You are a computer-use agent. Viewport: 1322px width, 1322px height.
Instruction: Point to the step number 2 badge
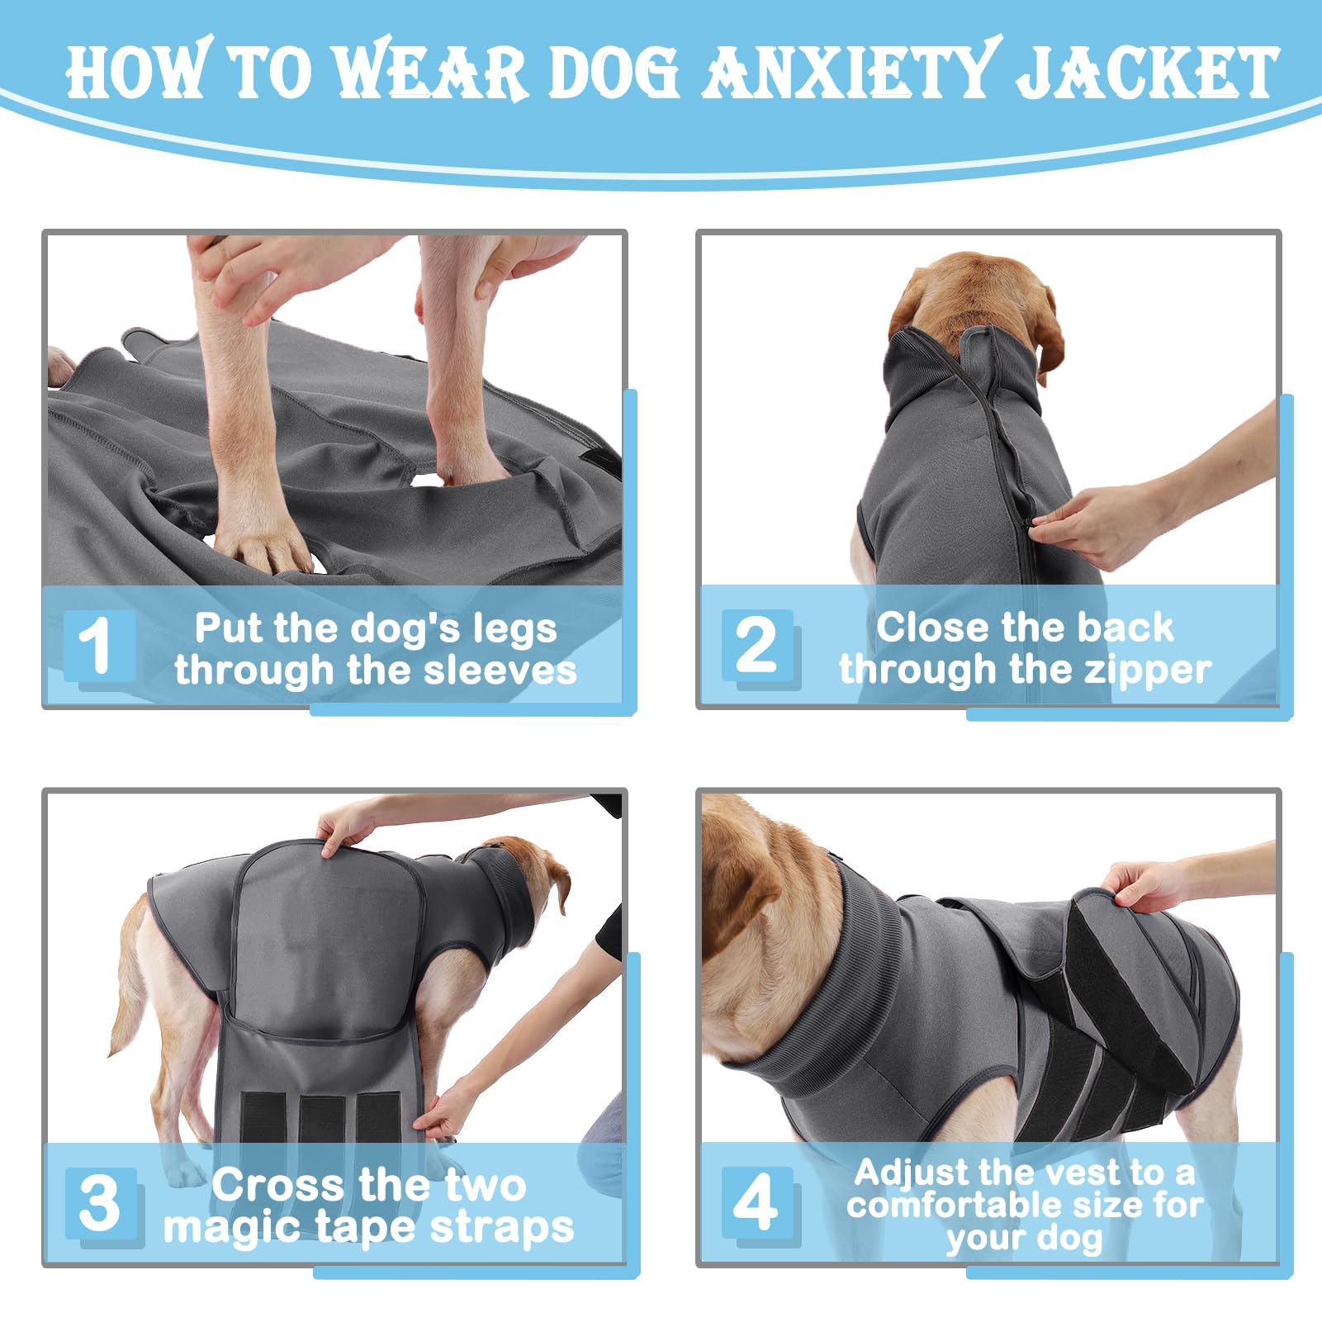[756, 645]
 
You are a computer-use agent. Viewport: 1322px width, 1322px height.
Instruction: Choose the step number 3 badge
[100, 1203]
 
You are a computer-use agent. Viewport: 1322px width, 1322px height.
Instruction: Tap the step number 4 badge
[756, 1202]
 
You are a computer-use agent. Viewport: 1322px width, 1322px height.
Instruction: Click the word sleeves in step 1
[500, 670]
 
